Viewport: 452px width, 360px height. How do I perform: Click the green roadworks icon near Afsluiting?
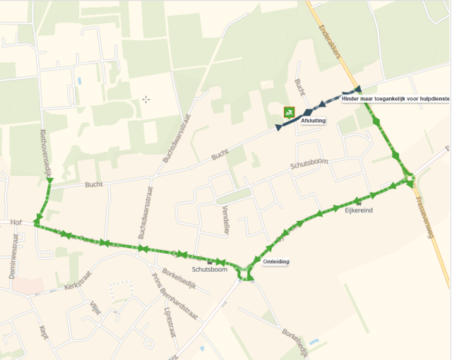tap(288, 112)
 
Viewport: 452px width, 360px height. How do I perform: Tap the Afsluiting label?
tap(313, 121)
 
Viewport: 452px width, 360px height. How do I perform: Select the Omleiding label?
tap(275, 262)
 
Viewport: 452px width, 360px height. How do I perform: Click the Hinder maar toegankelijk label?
tap(395, 99)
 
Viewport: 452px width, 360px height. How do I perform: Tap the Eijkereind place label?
tap(358, 211)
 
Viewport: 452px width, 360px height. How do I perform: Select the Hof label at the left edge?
tap(17, 222)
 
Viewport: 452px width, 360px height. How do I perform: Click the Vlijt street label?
tap(95, 307)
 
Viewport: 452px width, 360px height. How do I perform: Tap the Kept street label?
tap(44, 332)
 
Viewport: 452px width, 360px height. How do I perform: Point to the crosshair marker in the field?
tap(146, 99)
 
